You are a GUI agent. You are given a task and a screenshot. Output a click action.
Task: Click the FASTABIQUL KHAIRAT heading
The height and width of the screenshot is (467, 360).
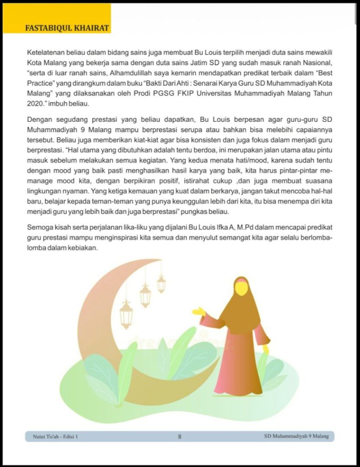point(67,28)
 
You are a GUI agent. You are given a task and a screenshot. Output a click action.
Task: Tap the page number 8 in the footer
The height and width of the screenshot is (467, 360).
point(180,436)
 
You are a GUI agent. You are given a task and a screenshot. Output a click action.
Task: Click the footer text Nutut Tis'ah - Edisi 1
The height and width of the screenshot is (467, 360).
point(55,436)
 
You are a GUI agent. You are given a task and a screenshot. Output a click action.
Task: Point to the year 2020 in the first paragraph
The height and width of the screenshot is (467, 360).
point(35,104)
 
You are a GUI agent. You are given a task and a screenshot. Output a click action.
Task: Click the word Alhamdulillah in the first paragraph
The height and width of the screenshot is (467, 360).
point(130,73)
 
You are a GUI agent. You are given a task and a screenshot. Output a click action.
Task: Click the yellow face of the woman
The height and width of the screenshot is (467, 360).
point(241,288)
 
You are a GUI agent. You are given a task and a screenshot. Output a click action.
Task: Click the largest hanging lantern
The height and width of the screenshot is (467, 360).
point(126,315)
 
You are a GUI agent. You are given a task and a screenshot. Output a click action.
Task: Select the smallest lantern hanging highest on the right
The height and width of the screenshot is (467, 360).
point(162,284)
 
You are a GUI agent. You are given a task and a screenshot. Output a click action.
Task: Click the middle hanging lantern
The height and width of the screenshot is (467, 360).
point(145,296)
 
